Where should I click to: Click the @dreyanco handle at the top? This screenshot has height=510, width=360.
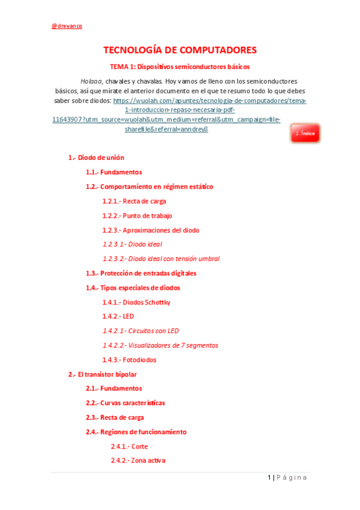click(67, 26)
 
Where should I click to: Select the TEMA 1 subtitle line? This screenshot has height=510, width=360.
click(179, 67)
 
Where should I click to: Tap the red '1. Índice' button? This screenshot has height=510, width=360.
click(305, 133)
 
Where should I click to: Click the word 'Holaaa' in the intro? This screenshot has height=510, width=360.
click(92, 81)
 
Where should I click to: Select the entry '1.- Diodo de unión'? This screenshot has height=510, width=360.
click(96, 158)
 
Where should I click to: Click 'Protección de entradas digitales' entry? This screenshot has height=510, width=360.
click(141, 273)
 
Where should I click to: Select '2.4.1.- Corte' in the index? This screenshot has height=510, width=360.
click(129, 446)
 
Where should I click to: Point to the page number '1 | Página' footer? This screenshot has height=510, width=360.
click(287, 478)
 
